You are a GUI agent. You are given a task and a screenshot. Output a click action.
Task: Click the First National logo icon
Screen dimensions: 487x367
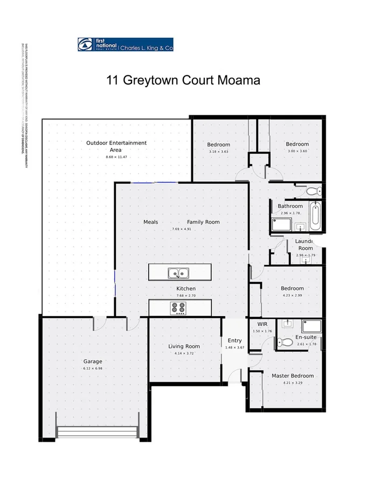(85, 45)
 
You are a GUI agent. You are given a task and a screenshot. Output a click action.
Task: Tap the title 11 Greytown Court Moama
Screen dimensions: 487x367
(183, 80)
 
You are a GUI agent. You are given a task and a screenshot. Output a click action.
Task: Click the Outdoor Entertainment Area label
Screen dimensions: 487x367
(116, 146)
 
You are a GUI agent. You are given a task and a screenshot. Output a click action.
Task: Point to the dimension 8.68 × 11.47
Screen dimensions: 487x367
(116, 157)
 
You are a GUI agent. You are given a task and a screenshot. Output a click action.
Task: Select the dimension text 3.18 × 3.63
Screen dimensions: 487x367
(219, 152)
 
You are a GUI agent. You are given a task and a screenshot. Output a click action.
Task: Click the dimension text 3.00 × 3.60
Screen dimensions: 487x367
(297, 151)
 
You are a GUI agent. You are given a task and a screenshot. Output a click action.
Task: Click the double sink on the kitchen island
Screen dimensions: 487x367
(177, 273)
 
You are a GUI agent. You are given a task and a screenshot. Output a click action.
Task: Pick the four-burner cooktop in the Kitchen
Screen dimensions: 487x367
(178, 308)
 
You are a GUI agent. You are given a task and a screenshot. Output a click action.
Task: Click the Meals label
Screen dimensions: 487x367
(150, 222)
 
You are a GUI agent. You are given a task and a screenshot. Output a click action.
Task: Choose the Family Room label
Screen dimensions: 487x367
(203, 222)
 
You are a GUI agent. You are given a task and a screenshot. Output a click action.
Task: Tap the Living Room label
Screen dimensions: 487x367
(184, 346)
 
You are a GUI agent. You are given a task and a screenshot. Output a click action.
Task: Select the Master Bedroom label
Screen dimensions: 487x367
(292, 375)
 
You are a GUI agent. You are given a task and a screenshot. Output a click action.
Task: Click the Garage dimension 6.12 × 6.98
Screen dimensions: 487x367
(93, 368)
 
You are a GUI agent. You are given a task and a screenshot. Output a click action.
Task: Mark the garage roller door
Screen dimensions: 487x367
(97, 433)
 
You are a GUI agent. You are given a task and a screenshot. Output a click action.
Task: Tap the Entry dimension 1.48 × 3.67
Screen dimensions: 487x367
(235, 347)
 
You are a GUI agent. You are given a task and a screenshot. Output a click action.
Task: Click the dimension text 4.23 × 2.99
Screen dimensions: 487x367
(292, 295)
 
